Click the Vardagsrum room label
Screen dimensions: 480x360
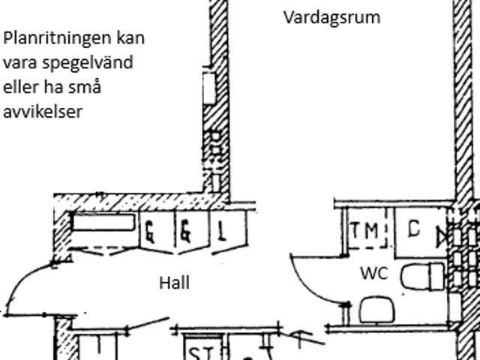[x=332, y=18]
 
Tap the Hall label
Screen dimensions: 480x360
[x=174, y=283]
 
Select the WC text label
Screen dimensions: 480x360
[x=374, y=273]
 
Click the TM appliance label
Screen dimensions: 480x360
[x=364, y=230]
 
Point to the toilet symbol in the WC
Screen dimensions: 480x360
[x=422, y=277]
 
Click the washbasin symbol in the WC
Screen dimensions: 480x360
[x=376, y=309]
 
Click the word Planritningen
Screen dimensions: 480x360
[x=57, y=39]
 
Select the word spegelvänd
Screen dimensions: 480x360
[x=87, y=63]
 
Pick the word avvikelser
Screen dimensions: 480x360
[x=43, y=112]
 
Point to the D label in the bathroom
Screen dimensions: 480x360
[x=414, y=229]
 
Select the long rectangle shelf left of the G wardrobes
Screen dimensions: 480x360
[x=103, y=222]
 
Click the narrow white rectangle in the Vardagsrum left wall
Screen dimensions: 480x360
[x=209, y=88]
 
